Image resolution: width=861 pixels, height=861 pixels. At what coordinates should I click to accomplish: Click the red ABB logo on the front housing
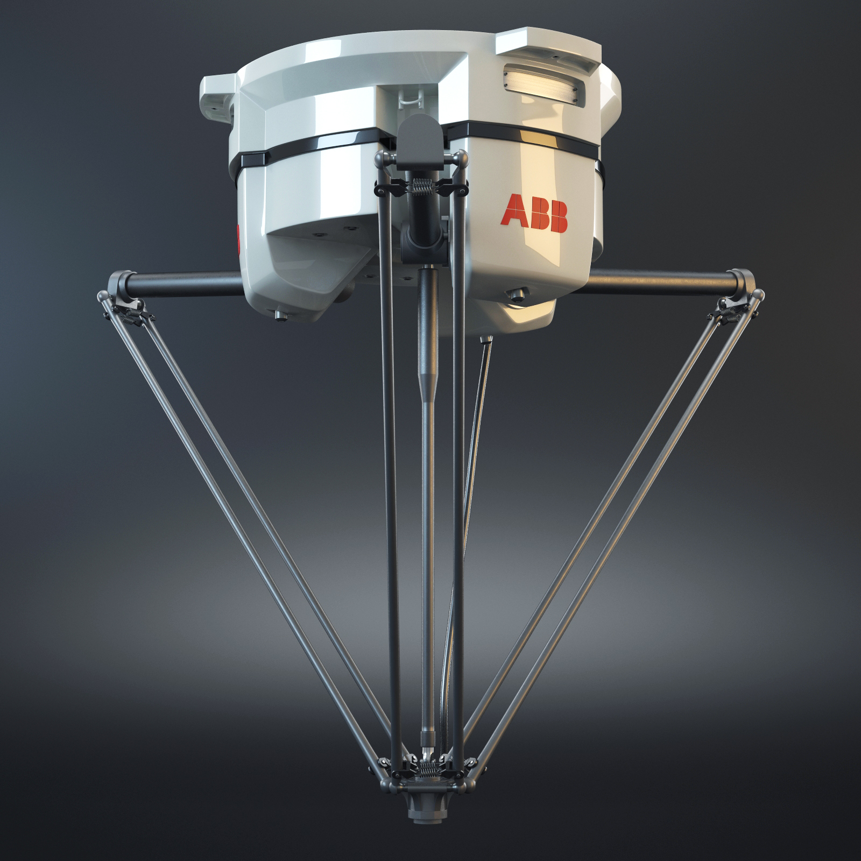click(x=534, y=214)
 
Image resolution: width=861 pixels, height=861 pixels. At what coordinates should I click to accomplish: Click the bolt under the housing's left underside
click(x=279, y=315)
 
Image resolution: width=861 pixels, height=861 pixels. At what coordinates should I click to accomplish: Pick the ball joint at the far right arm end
click(x=758, y=295)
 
